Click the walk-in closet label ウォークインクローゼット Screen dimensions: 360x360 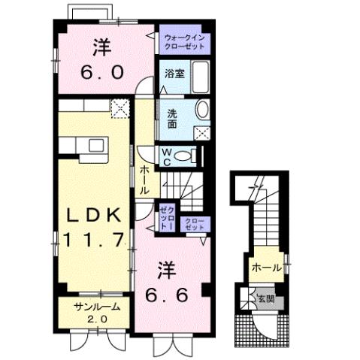(x=185, y=41)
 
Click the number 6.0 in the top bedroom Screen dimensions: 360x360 (x=101, y=73)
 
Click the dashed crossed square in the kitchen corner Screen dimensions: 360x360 (x=119, y=110)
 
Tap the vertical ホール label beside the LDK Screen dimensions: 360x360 (x=144, y=180)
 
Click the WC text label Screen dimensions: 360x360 (x=168, y=155)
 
